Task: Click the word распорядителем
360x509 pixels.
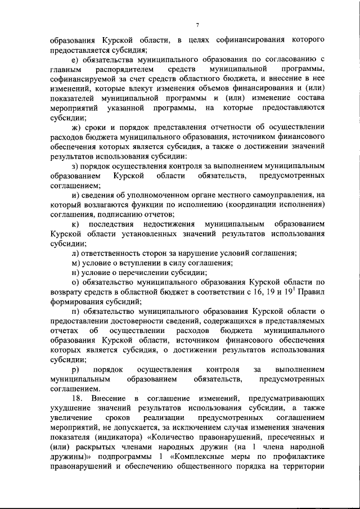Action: click(121, 70)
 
